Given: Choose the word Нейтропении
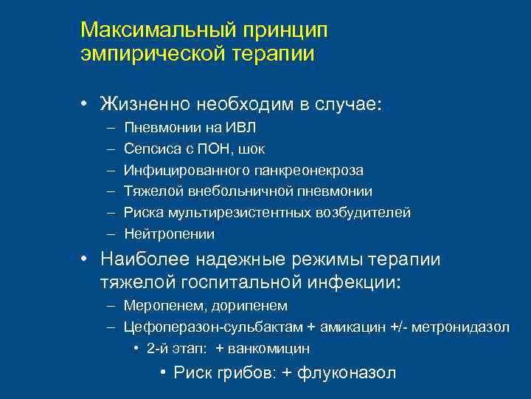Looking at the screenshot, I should click(169, 235).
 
